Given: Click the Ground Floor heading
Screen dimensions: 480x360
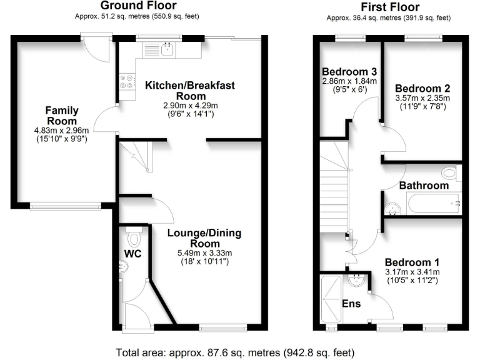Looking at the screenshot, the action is point(138,6).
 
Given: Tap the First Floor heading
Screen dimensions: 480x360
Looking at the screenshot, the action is point(390,7).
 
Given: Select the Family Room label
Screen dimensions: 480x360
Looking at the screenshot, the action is point(62,116).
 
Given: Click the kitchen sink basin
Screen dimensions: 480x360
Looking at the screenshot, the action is point(167,49).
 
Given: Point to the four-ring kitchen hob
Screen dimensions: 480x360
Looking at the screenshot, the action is point(127,81).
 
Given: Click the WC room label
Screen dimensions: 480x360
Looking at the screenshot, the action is point(133,254).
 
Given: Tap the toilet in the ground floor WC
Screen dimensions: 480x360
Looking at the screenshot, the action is point(134,237).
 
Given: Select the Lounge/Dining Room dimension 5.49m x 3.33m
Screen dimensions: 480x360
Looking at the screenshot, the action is point(204,253).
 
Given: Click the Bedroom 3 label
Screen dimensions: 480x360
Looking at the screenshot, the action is point(349,72).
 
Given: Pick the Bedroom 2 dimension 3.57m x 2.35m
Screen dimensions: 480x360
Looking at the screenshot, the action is point(422,98).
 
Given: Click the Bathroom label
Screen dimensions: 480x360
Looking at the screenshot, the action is point(424,186).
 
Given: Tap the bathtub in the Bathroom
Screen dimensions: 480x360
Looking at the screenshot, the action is point(434,203).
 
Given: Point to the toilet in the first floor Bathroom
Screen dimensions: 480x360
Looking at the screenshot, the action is point(451,173).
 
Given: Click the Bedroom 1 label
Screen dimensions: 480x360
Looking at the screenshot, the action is point(412,262).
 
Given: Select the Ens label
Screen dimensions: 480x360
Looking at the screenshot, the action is point(351,304).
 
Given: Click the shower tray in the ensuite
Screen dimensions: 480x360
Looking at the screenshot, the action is point(331,299).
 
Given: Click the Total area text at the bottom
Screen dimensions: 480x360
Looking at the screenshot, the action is point(235,352).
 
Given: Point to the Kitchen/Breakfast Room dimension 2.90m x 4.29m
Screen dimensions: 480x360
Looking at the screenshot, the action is point(191,106).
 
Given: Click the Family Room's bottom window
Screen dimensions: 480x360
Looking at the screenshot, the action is point(66,206).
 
